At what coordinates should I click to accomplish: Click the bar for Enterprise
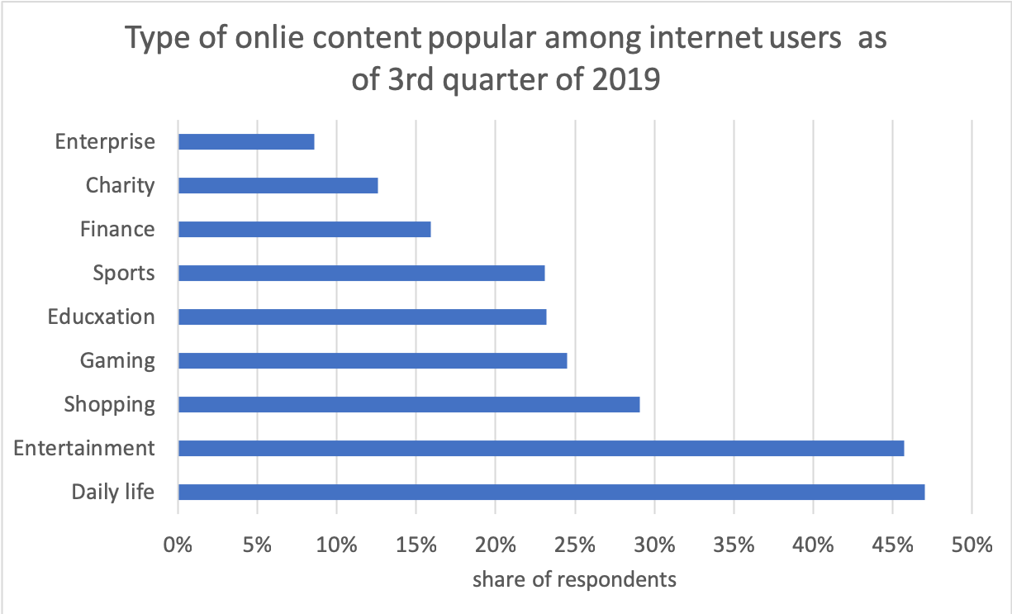tap(246, 141)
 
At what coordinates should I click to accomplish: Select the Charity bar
tap(278, 185)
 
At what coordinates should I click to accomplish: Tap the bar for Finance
tap(304, 229)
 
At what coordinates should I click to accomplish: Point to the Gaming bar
tap(373, 360)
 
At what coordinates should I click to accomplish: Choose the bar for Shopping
tap(409, 404)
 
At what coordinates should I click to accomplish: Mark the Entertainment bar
tap(541, 448)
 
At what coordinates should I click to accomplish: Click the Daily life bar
tap(551, 492)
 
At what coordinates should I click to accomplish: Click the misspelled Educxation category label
tap(101, 317)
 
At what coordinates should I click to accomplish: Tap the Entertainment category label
tap(84, 448)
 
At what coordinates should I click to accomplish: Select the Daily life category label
tap(113, 492)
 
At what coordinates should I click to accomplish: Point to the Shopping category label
tap(110, 404)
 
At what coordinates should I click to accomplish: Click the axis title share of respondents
tap(574, 579)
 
